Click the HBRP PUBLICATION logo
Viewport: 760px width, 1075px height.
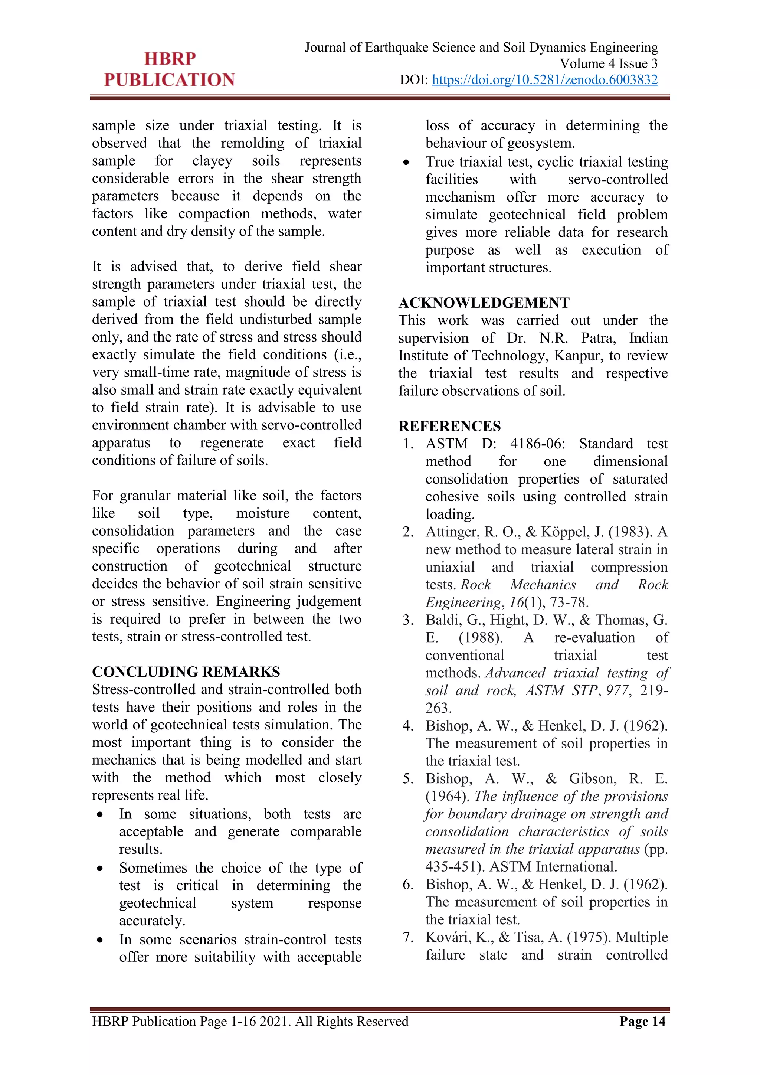pyautogui.click(x=170, y=69)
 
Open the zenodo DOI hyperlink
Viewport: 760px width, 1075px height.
pyautogui.click(x=545, y=80)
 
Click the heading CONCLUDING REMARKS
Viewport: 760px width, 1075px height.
pyautogui.click(x=186, y=672)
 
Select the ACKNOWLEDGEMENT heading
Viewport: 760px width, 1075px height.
pyautogui.click(x=484, y=303)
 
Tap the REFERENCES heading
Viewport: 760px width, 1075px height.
pyautogui.click(x=449, y=426)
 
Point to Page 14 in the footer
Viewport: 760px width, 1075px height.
pyautogui.click(x=642, y=1021)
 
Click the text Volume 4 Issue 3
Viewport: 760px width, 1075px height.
pyautogui.click(x=608, y=64)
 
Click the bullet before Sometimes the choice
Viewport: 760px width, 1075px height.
pyautogui.click(x=100, y=869)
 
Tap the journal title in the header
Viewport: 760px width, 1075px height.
pyautogui.click(x=481, y=47)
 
